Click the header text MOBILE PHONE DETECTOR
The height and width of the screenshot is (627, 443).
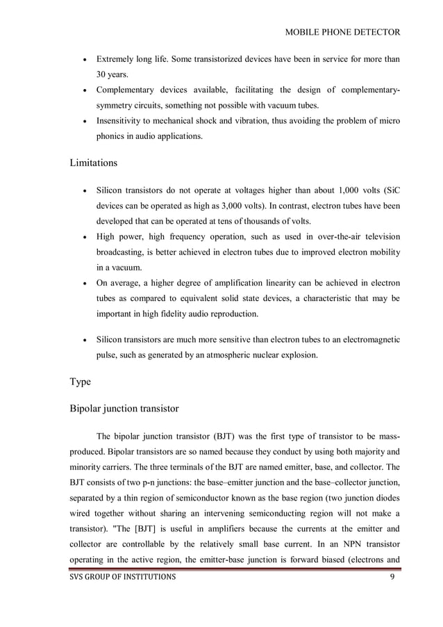342,32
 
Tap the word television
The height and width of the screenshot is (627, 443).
380,237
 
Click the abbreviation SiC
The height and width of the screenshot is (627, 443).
390,191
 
